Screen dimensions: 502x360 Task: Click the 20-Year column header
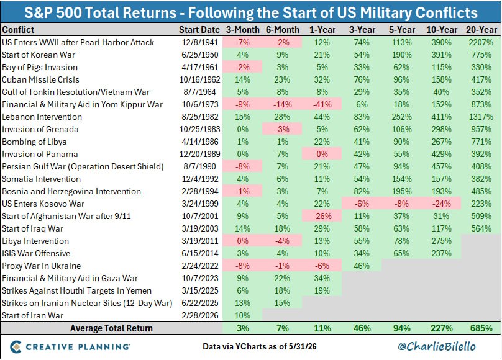[481, 30]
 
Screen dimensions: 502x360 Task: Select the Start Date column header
[199, 30]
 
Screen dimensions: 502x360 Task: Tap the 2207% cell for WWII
[481, 42]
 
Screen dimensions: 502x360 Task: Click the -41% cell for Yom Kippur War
[322, 104]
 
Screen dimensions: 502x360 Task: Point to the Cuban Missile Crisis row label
[40, 79]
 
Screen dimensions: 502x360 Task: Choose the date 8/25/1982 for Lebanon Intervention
[200, 117]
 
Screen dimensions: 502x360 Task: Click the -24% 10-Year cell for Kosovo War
[441, 204]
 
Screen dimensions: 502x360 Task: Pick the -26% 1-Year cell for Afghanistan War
[322, 216]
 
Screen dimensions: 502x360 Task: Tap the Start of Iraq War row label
[33, 228]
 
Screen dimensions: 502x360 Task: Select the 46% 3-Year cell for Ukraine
[362, 266]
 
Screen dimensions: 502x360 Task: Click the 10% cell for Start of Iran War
[242, 315]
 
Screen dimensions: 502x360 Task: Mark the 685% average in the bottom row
[481, 328]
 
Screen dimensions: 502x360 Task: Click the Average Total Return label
[111, 328]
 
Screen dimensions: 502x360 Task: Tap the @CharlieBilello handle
[436, 346]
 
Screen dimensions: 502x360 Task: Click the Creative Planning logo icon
[16, 347]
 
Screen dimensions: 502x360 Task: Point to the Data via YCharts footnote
[259, 346]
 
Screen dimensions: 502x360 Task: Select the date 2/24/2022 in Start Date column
[200, 266]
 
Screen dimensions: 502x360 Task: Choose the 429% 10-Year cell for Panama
[441, 154]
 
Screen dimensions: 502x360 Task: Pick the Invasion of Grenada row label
[40, 130]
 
